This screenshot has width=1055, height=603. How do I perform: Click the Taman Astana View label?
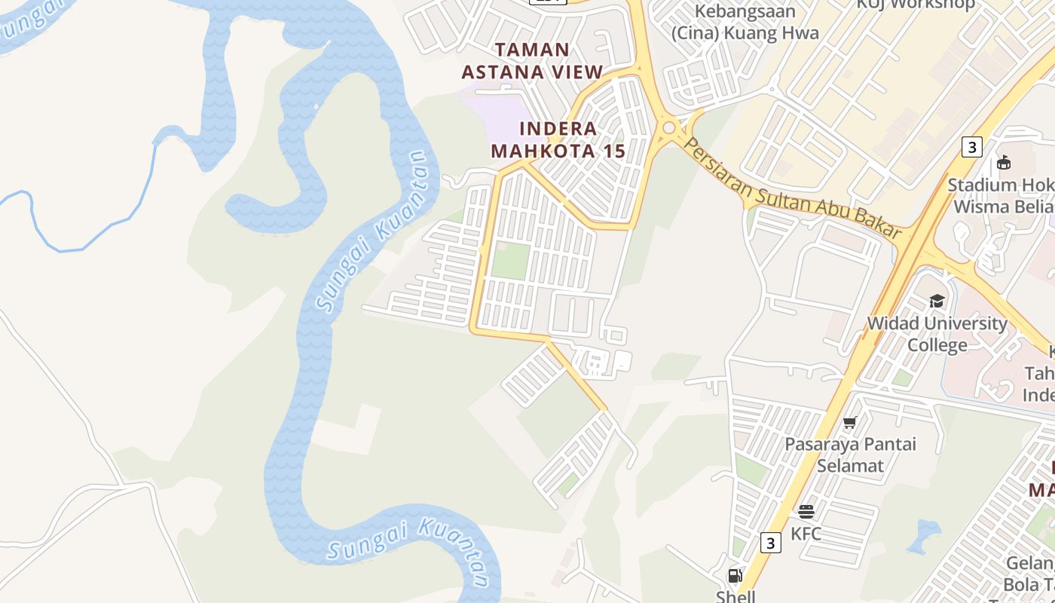[532, 61]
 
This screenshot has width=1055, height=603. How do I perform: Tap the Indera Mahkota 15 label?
[558, 139]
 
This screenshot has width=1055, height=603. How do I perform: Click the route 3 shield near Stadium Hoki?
[972, 147]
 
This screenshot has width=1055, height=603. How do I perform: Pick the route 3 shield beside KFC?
[769, 543]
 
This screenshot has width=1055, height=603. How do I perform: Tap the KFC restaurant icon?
[806, 512]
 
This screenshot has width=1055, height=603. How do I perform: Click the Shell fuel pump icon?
[735, 576]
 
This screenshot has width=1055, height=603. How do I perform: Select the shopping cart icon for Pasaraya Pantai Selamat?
[850, 422]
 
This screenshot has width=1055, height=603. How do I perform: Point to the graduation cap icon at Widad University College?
[937, 301]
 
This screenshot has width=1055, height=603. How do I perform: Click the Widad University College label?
[937, 334]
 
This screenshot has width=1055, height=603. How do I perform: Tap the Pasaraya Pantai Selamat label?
[850, 455]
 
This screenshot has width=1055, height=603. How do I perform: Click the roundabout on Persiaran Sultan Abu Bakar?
[668, 128]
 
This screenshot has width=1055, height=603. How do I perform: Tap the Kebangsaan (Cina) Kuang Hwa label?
[745, 23]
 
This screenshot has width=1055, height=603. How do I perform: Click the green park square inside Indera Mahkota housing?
[510, 261]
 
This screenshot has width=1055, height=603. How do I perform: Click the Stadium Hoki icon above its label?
[1003, 162]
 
